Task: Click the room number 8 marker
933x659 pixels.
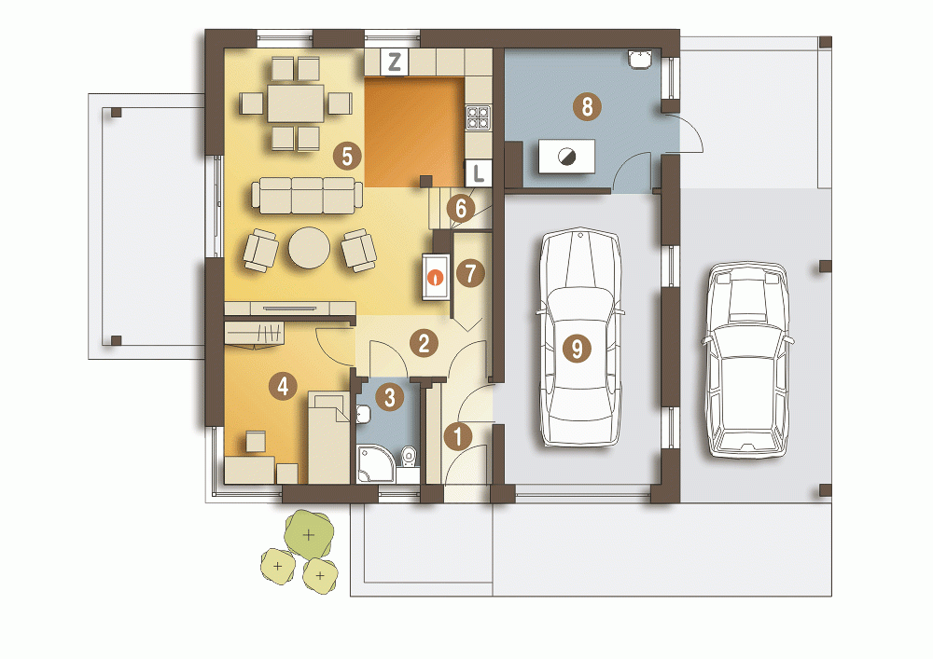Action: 587,107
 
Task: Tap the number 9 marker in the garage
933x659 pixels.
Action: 577,348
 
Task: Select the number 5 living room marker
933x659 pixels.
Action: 347,157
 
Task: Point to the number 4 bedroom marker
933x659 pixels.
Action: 283,386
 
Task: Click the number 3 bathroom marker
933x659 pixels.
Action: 390,397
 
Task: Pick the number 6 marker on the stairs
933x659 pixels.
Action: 461,209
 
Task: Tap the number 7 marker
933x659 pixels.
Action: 470,273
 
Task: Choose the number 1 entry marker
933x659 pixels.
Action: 457,437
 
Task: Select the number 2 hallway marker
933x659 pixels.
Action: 424,343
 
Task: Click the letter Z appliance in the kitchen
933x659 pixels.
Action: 394,62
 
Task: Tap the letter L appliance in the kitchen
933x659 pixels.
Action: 478,173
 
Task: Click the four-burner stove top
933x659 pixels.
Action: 477,117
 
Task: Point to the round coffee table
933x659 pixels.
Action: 310,248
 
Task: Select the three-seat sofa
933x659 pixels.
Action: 307,195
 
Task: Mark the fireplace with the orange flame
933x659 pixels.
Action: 437,277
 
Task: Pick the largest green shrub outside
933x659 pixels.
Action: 308,534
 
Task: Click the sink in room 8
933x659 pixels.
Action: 640,59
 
